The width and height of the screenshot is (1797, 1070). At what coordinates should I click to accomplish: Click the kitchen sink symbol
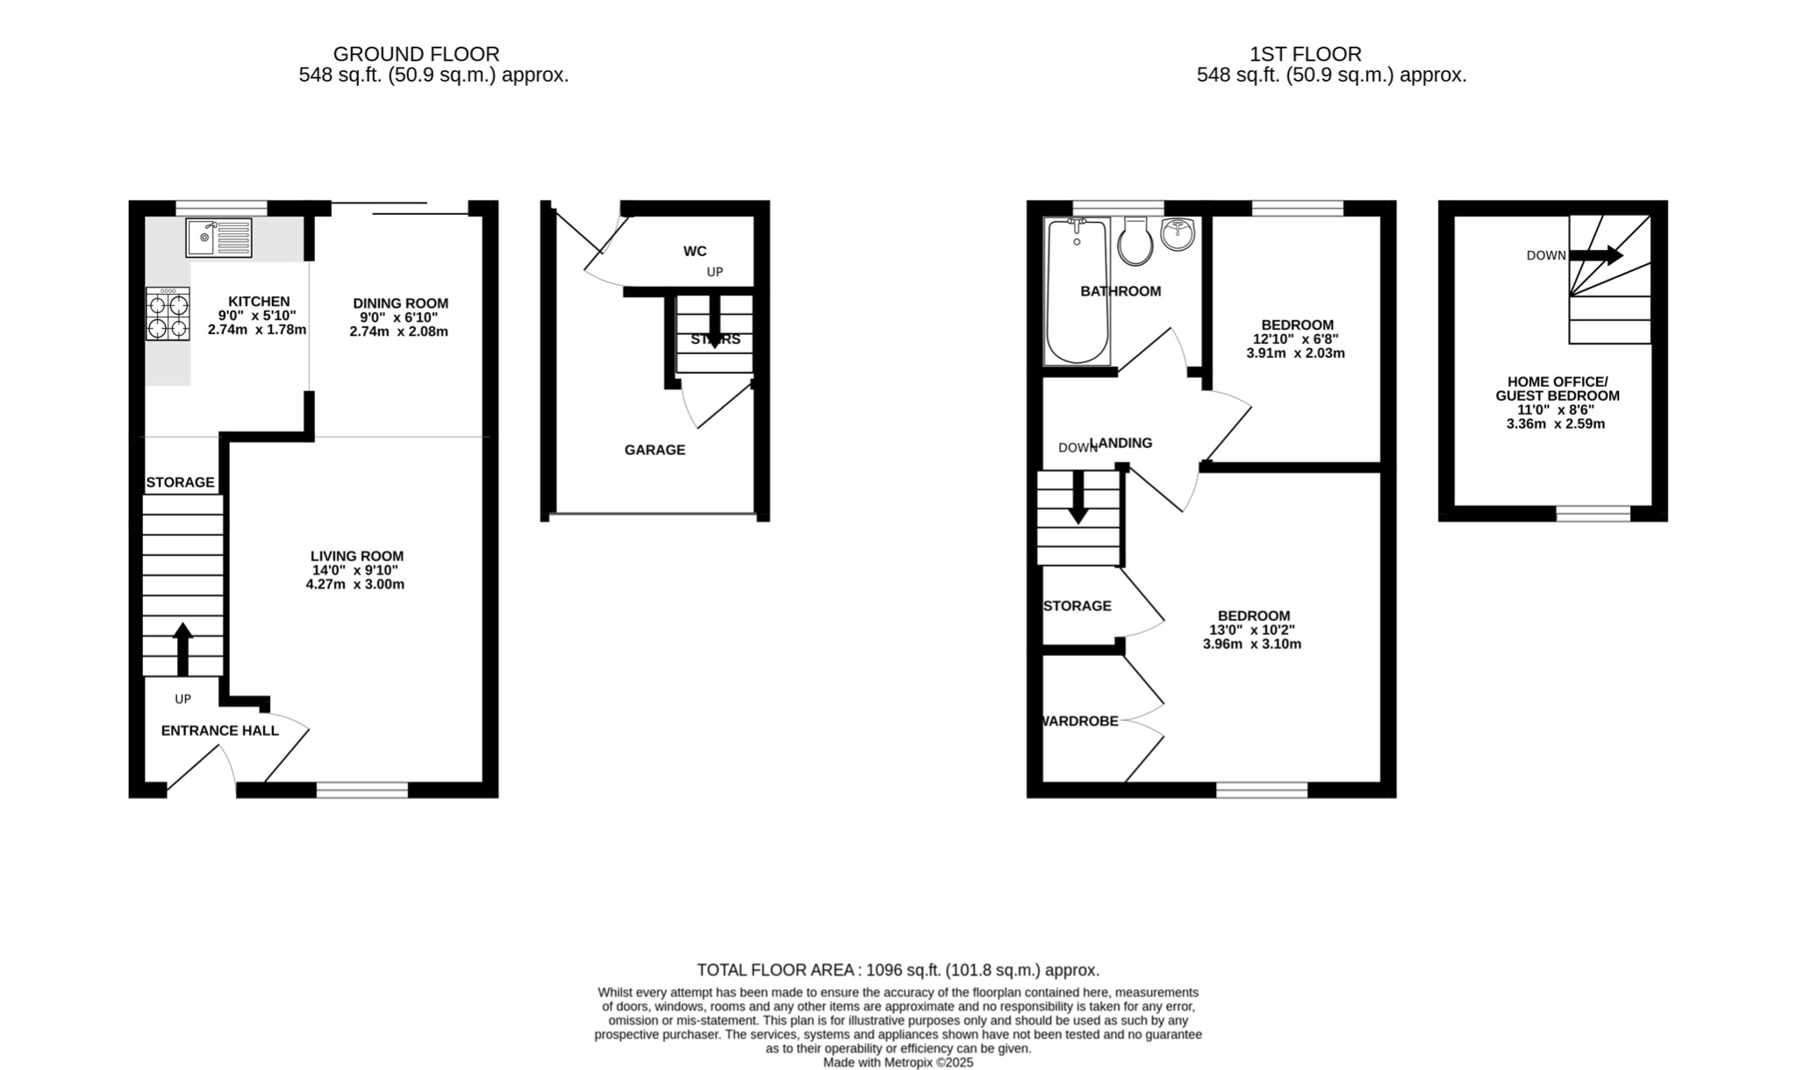click(218, 237)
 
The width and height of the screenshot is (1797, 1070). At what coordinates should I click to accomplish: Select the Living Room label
click(357, 556)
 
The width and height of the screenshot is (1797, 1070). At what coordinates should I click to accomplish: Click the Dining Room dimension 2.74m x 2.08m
click(398, 332)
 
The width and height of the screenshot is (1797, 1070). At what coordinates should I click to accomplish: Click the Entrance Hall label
click(219, 731)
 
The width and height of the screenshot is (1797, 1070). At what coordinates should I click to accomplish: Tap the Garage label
click(655, 450)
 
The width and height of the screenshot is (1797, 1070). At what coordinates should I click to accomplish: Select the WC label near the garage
click(695, 252)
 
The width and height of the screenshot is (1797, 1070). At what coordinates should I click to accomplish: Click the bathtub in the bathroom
click(1077, 294)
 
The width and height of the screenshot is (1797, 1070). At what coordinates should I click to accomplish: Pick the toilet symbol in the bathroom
click(1135, 243)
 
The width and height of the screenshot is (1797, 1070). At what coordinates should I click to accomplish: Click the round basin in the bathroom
click(1178, 234)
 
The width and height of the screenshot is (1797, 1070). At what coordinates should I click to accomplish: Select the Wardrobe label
click(1080, 721)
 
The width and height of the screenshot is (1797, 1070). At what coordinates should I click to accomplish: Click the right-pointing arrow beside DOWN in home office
click(1596, 255)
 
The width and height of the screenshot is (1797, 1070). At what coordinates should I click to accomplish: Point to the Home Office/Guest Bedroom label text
click(1557, 389)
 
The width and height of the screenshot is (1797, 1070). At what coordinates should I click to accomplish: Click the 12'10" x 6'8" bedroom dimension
click(1295, 339)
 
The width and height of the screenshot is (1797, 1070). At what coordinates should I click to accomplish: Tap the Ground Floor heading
click(416, 54)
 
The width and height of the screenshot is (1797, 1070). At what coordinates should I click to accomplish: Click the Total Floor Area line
click(898, 970)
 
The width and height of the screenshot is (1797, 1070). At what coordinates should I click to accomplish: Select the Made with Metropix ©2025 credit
click(898, 1062)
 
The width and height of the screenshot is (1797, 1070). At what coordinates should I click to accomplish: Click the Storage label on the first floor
click(1077, 606)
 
